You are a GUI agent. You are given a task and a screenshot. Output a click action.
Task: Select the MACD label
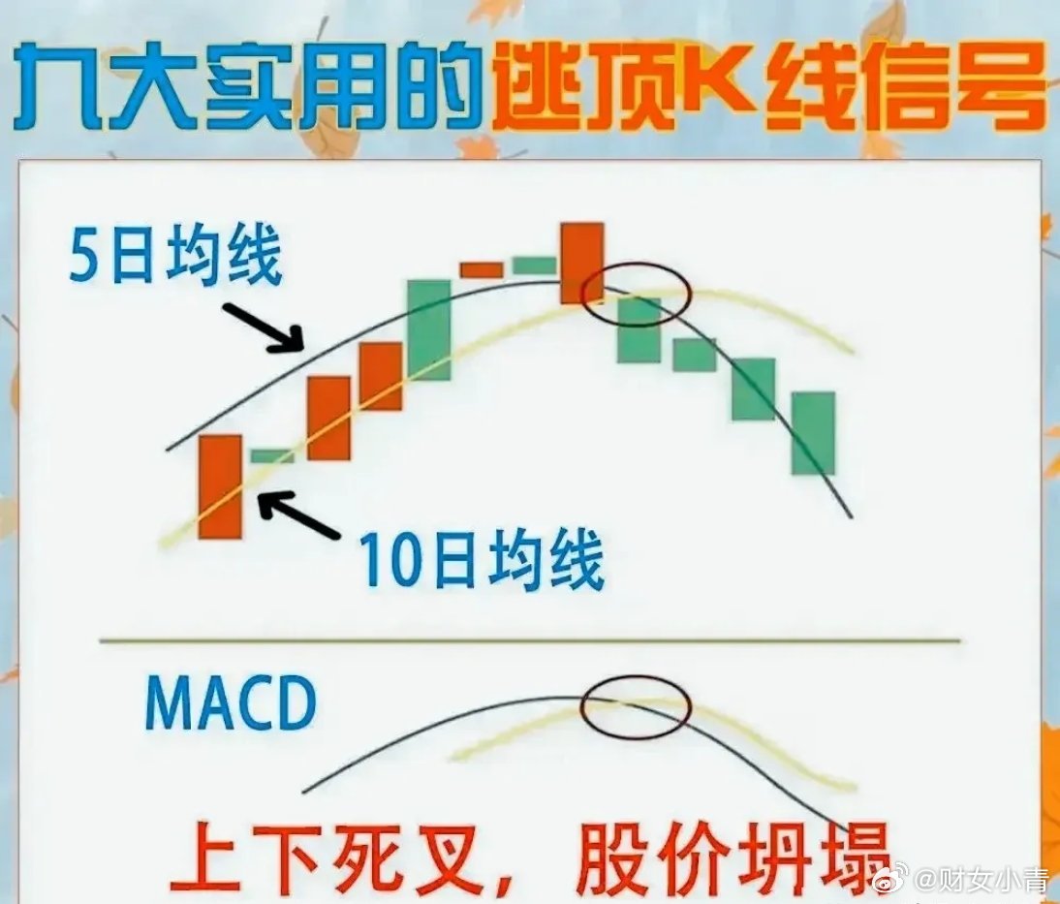click(x=231, y=703)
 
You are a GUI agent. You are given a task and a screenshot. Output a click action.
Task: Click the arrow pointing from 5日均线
click(x=263, y=327)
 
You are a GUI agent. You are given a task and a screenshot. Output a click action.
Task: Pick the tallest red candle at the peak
click(x=581, y=263)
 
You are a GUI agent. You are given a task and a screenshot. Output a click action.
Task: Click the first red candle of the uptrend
click(x=220, y=486)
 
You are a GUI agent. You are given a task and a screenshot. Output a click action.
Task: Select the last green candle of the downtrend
click(x=814, y=433)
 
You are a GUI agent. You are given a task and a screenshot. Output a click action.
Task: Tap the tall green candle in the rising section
click(x=428, y=330)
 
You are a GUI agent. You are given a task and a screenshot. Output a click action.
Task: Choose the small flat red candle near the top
click(x=482, y=269)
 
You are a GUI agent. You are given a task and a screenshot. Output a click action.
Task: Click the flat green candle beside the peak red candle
click(x=534, y=265)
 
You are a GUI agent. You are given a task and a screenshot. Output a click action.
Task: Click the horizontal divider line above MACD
click(x=530, y=639)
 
